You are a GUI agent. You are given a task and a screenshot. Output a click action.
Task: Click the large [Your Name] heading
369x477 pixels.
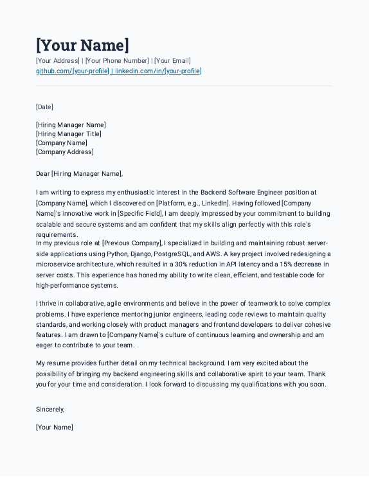pyautogui.click(x=82, y=46)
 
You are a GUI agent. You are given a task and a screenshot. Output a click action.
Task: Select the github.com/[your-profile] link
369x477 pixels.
pyautogui.click(x=72, y=71)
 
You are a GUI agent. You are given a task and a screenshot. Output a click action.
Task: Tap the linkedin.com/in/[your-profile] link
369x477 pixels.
pyautogui.click(x=158, y=71)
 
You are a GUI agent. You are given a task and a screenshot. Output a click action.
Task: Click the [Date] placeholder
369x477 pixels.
pyautogui.click(x=45, y=107)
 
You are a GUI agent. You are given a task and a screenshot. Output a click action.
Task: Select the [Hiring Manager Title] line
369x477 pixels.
pyautogui.click(x=69, y=134)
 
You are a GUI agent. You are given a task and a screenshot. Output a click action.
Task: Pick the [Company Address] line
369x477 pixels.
pyautogui.click(x=65, y=152)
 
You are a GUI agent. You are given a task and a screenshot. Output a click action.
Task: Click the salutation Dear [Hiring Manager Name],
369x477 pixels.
pyautogui.click(x=79, y=173)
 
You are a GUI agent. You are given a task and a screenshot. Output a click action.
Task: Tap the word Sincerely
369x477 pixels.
pyautogui.click(x=50, y=409)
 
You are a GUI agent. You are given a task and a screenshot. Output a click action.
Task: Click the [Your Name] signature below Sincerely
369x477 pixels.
pyautogui.click(x=55, y=427)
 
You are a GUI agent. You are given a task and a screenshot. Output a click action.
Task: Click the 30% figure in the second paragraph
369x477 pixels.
pyautogui.click(x=181, y=264)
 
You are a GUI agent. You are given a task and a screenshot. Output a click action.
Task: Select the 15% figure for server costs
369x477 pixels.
pyautogui.click(x=295, y=264)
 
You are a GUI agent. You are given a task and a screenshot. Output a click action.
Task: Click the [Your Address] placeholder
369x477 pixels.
pyautogui.click(x=58, y=61)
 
